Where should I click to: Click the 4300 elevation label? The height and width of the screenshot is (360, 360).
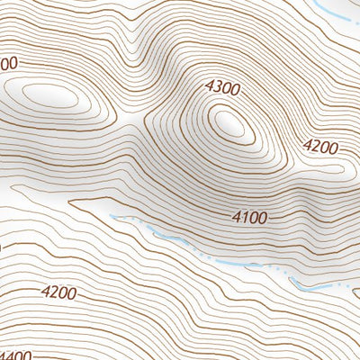click(223, 88)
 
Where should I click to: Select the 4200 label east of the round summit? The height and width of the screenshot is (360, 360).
click(320, 146)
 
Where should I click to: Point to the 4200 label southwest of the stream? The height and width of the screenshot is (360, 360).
click(58, 292)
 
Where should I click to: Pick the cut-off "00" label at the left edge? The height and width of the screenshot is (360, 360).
click(7, 65)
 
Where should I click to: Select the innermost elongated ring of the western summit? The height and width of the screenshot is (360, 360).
click(50, 94)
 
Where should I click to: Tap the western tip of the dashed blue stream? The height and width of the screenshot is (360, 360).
click(112, 216)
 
